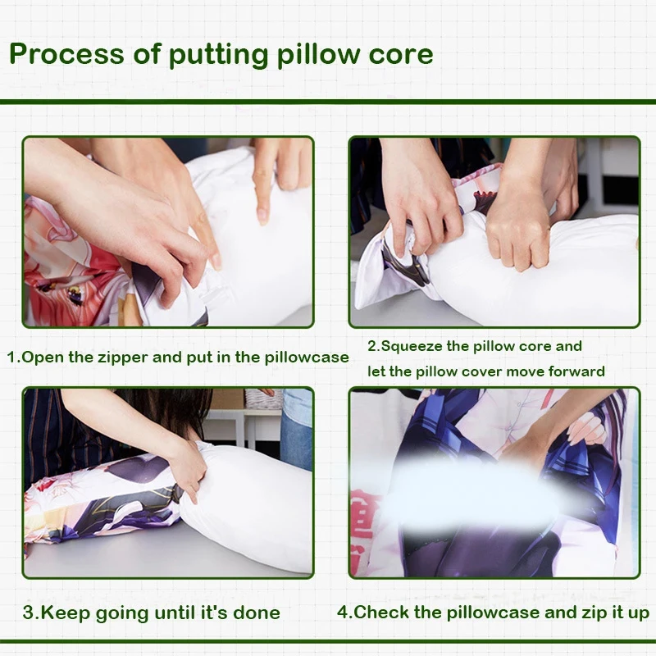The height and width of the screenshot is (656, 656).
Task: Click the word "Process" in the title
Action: point(66,54)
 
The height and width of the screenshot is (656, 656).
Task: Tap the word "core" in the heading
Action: point(401,55)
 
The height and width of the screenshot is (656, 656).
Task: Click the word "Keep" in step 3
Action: point(66,613)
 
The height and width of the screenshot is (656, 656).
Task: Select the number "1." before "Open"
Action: point(14,358)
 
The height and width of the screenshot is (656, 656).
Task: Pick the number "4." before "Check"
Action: point(345,613)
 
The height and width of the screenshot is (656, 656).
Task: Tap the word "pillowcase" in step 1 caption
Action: point(307,358)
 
